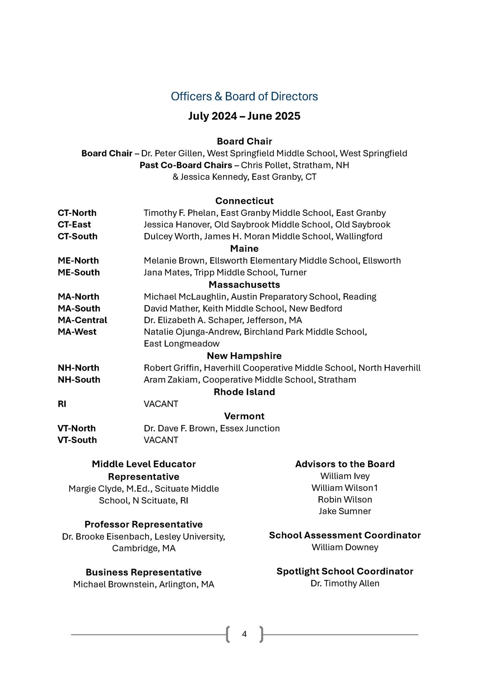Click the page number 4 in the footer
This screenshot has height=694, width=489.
click(244, 634)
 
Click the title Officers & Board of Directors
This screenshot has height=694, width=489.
click(244, 97)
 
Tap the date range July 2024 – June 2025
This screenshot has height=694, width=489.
click(244, 116)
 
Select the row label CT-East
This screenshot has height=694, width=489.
click(74, 224)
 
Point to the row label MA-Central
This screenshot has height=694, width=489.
click(82, 320)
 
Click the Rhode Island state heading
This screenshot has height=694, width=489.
click(244, 392)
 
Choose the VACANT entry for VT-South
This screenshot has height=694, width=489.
click(161, 440)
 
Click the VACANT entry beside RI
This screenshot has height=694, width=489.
click(161, 404)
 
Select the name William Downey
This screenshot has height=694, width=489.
click(345, 547)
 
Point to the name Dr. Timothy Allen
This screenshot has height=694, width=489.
click(345, 583)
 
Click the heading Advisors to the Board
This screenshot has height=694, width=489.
click(345, 464)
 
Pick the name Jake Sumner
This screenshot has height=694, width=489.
click(345, 511)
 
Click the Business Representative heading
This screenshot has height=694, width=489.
click(143, 572)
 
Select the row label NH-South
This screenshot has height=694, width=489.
click(79, 380)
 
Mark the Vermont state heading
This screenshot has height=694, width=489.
click(244, 416)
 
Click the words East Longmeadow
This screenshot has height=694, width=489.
click(181, 344)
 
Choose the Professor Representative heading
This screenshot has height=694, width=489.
click(143, 524)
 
